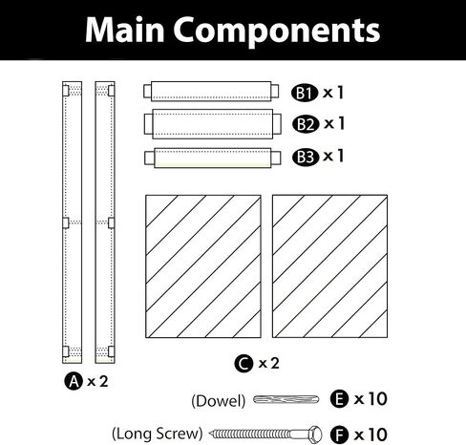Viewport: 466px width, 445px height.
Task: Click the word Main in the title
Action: coord(125,30)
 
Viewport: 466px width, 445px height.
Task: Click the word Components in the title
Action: coord(277,32)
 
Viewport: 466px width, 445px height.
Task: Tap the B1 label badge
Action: coord(305,93)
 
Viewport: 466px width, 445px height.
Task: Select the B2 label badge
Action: coord(306,124)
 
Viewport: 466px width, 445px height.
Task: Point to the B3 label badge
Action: coord(306,157)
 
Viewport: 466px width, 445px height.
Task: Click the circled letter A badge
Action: coord(74,381)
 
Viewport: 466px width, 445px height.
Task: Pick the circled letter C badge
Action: coord(244,364)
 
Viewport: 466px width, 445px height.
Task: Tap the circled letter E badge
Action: coord(339,399)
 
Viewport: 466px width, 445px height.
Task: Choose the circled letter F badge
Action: coord(339,434)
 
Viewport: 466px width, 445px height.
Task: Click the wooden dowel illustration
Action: coord(286,399)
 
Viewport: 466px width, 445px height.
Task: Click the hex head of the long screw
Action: coord(315,434)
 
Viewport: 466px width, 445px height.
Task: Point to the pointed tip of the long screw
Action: coord(209,434)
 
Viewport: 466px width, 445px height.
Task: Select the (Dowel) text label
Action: coord(219,401)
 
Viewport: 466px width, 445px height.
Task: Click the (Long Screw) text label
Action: coord(158,434)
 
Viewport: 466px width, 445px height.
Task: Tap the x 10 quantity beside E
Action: coord(371,399)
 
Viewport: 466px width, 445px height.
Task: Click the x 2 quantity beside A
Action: coord(97,381)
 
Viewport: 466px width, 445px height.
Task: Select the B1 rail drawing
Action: coord(211,92)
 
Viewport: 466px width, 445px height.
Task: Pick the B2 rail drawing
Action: coord(213,124)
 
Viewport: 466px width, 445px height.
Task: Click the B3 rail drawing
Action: coord(213,158)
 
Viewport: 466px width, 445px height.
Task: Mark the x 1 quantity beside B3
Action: coord(333,156)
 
